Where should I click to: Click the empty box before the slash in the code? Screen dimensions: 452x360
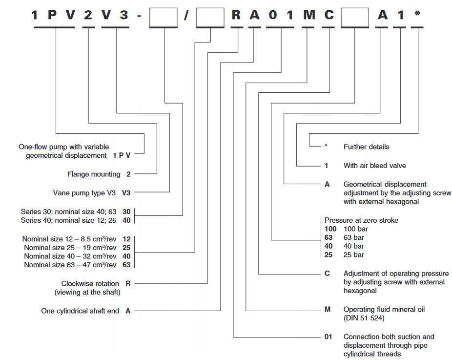[x=163, y=18]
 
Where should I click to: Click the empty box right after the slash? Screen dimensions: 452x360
[x=210, y=18]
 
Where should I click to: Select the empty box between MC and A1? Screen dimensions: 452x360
[x=355, y=18]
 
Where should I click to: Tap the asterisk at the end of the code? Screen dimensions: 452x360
[x=417, y=13]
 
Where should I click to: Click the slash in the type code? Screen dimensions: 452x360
[x=186, y=15]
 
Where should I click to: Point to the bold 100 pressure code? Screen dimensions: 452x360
[x=330, y=229]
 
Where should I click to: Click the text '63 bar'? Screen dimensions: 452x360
[x=354, y=238]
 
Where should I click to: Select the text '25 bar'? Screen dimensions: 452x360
[x=354, y=254]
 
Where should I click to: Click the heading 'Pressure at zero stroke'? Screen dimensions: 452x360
[x=362, y=220]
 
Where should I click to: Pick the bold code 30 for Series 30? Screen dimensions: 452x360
[x=126, y=212]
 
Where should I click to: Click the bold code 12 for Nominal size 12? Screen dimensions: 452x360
[x=126, y=239]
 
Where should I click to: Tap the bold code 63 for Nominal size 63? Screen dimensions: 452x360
[x=126, y=265]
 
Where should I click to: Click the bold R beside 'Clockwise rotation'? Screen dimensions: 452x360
[x=128, y=284]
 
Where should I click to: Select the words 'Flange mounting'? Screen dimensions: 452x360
[x=94, y=174]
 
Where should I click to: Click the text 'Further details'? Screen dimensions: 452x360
[x=367, y=147]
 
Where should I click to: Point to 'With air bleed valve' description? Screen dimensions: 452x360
[x=375, y=166]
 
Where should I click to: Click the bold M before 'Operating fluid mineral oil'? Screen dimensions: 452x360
[x=328, y=310]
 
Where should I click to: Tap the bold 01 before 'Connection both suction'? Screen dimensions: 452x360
[x=329, y=337]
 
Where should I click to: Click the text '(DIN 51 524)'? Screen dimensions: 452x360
[x=364, y=318]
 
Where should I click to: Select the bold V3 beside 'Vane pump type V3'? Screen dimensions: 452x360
[x=126, y=192]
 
